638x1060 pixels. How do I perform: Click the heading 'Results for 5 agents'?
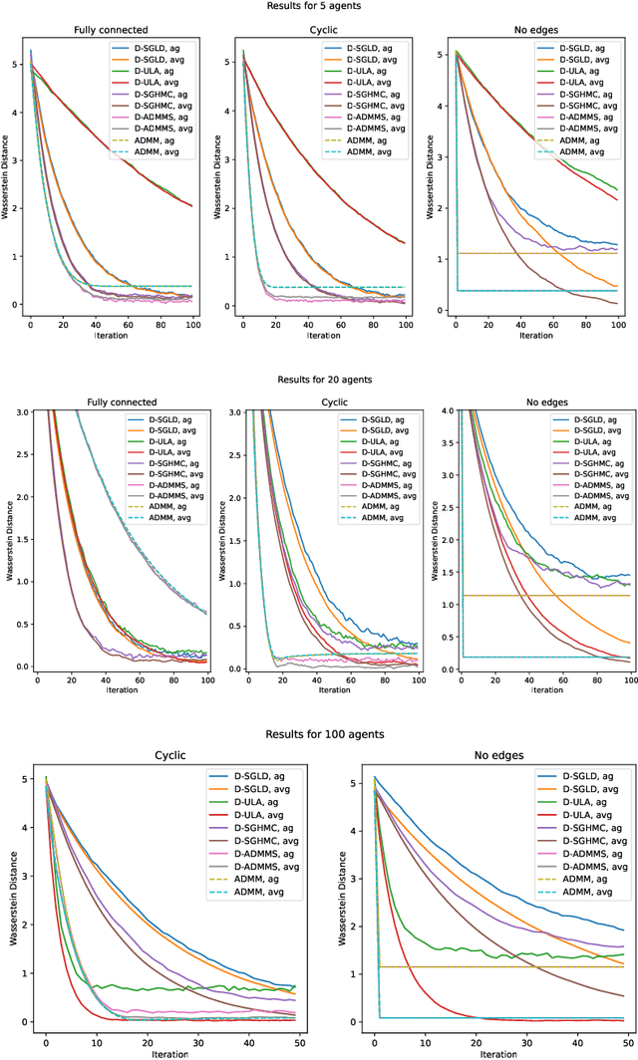pyautogui.click(x=319, y=7)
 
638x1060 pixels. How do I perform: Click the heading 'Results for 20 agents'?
pyautogui.click(x=319, y=380)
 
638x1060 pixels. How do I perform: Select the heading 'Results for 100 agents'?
pyautogui.click(x=319, y=734)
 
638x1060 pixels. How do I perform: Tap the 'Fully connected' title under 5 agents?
pyautogui.click(x=111, y=30)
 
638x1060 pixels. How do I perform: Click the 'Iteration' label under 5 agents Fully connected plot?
pyautogui.click(x=111, y=336)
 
